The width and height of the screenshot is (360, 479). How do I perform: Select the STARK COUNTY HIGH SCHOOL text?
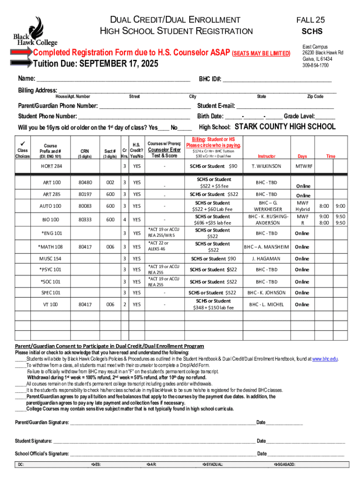[284, 127]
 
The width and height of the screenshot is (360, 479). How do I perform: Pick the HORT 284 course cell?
[52, 166]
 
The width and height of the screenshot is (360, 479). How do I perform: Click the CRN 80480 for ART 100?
[85, 182]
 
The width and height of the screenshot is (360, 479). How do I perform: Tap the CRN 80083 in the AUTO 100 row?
[85, 206]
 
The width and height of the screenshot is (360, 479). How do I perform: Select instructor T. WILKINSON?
[266, 166]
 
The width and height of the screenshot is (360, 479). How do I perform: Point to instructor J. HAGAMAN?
[266, 259]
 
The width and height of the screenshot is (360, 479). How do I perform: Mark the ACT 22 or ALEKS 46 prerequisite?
[159, 247]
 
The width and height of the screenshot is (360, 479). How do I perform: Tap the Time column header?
[331, 156]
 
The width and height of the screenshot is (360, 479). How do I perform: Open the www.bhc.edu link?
[324, 359]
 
